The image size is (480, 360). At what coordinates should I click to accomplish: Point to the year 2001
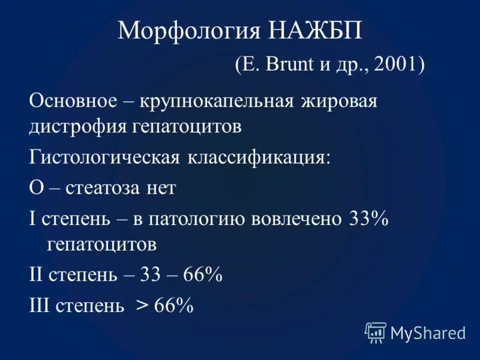[392, 64]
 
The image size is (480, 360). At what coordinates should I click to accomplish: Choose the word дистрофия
[71, 127]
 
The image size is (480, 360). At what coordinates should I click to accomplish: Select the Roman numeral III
[40, 305]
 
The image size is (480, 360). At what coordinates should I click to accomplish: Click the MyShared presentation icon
[376, 331]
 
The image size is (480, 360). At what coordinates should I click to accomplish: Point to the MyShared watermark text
[428, 332]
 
